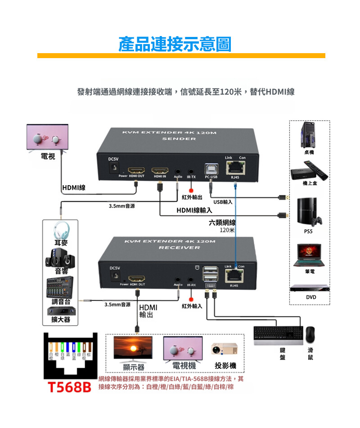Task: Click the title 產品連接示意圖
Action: (175, 44)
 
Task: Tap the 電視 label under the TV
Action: (48, 156)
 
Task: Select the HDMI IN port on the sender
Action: (159, 171)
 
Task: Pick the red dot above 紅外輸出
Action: (191, 190)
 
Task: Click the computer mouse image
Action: (310, 334)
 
